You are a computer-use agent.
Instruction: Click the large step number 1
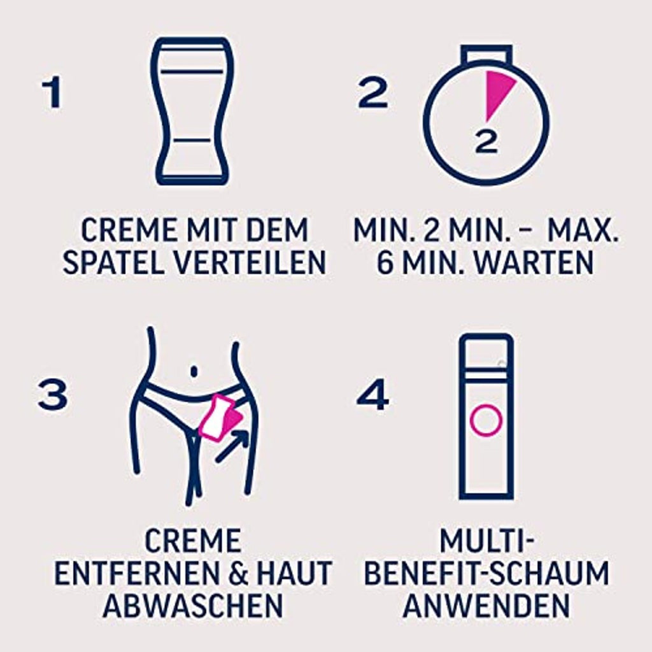point(52,93)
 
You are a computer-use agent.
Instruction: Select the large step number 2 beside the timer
point(372,93)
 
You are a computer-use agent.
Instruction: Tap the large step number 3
point(52,395)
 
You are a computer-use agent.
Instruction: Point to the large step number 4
point(372,395)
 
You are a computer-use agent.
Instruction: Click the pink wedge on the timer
point(497,92)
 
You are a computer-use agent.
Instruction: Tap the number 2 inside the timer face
point(486,141)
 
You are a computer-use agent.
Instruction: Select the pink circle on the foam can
point(486,420)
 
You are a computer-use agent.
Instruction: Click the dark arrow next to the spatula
point(232,446)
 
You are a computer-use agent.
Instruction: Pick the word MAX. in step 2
point(583,229)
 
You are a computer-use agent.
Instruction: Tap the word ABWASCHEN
point(193,605)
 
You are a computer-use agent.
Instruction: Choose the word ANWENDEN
point(486,605)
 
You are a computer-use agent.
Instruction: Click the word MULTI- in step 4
point(486,541)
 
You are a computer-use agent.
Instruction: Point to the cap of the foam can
point(486,353)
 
